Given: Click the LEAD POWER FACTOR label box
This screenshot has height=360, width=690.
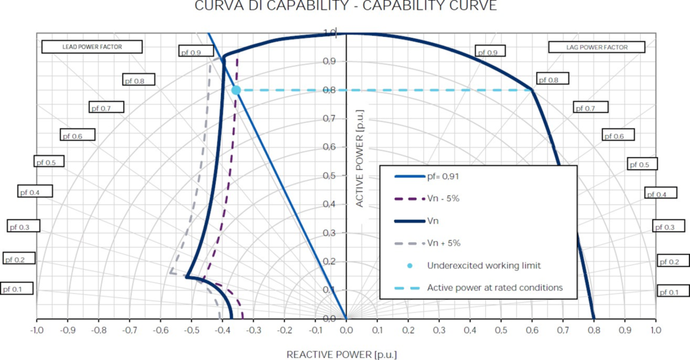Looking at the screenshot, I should tap(92, 47).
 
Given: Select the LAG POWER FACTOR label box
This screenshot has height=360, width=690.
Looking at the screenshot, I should tap(596, 47).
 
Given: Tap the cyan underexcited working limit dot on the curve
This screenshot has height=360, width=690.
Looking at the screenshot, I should tap(236, 90).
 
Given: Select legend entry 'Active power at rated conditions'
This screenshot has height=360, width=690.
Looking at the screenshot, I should tap(495, 288).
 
